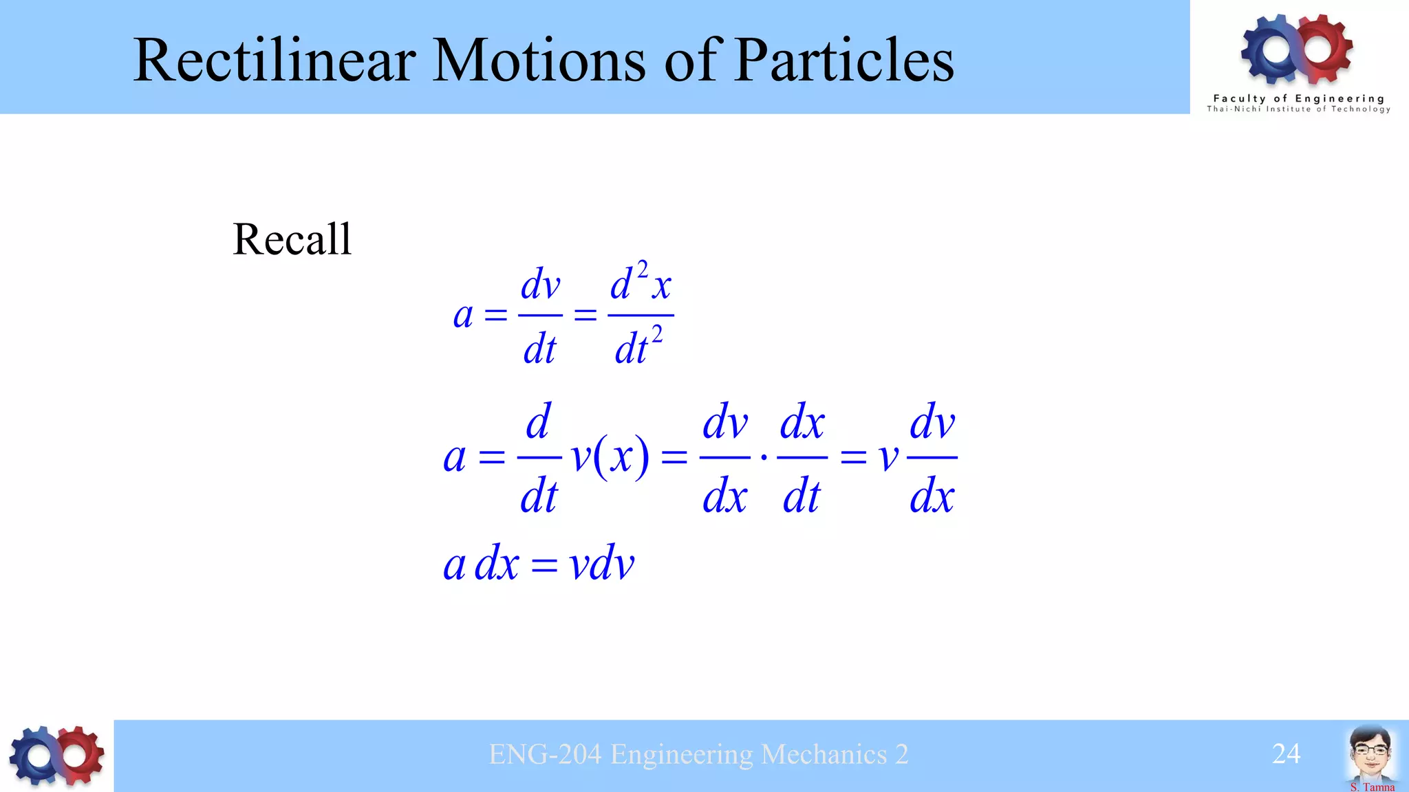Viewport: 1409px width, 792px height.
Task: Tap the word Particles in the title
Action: pos(844,60)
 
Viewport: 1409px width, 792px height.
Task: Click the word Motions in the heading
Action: pos(538,60)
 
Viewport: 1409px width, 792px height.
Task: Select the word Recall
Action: pos(292,239)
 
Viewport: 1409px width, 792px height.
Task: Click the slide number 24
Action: pos(1286,754)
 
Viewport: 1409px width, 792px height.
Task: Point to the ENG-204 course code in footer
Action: pos(545,755)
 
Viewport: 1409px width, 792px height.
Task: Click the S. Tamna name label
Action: pos(1372,786)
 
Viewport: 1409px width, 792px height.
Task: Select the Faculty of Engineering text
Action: pos(1298,98)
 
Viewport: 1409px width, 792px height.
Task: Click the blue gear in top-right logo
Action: pos(1272,48)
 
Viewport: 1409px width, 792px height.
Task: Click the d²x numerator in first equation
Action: pos(641,283)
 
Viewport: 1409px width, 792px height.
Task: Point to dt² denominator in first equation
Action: pos(638,347)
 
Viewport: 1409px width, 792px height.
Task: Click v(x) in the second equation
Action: pos(610,456)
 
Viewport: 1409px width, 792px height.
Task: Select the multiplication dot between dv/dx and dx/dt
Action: pos(764,456)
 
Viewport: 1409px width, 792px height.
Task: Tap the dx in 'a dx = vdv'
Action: pos(497,564)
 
